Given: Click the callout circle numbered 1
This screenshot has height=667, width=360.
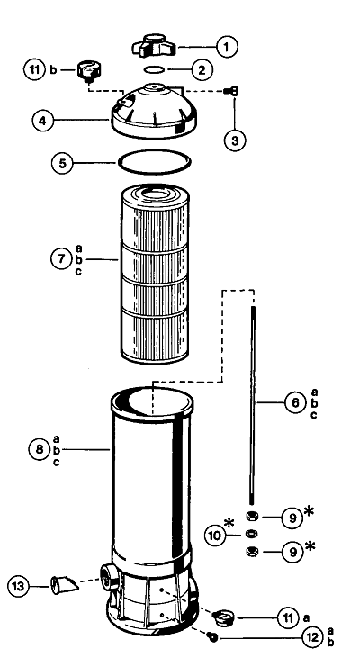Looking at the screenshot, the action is [227, 47].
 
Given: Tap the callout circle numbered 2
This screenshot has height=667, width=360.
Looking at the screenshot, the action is [202, 69].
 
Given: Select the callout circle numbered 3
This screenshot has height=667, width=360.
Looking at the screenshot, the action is [235, 140].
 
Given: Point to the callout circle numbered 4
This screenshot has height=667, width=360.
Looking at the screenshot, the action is [43, 121].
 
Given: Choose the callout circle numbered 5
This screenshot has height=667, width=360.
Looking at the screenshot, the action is [63, 163].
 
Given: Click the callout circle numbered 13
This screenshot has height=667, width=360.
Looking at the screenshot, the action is [18, 587].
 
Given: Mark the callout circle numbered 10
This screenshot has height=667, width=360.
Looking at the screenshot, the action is [216, 536].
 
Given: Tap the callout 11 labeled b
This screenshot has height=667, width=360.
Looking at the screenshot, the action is [34, 69].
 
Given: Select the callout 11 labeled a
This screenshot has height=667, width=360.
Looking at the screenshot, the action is [288, 617].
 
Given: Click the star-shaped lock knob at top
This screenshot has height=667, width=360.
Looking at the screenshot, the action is [155, 46].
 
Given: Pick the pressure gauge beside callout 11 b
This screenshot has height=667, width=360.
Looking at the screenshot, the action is [88, 70].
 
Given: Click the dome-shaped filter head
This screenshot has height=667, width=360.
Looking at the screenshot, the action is [154, 110].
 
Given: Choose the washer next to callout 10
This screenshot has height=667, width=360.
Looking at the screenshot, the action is [252, 534].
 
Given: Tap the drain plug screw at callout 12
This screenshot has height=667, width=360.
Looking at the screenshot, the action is [211, 636].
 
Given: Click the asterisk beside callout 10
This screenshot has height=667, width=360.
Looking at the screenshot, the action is [229, 523].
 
